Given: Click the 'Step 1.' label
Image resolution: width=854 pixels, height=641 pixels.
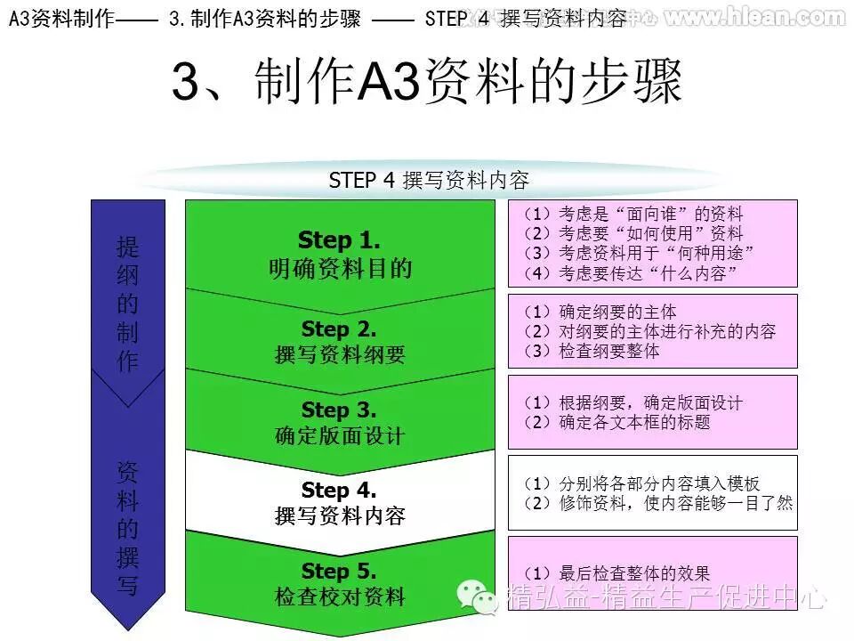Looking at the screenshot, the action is coord(339,239).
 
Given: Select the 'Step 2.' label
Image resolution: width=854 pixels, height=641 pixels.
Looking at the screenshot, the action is coord(339,329).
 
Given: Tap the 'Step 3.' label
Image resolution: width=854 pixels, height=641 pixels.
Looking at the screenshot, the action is coord(339,410).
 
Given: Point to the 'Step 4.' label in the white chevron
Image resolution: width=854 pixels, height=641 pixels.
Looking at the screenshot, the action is coord(339,491).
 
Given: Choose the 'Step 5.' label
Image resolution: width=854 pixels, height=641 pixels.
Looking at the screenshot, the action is coord(339,572).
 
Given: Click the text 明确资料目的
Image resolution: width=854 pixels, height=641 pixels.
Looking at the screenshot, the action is coord(340,268).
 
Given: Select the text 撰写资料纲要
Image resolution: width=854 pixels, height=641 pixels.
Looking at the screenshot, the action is coord(340,355).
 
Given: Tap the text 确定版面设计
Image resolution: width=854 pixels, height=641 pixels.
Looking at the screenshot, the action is coord(340,436).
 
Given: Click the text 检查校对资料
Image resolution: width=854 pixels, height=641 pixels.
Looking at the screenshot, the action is coord(340,597).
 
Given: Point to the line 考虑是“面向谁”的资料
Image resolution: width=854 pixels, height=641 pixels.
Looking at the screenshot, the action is coord(633,214).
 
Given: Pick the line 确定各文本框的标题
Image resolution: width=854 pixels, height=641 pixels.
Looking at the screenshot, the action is coord(617,422).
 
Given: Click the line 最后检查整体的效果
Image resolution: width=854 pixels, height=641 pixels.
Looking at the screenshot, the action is coord(617,574).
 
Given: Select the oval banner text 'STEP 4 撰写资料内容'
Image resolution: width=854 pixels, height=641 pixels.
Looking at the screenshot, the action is coord(429,181).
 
